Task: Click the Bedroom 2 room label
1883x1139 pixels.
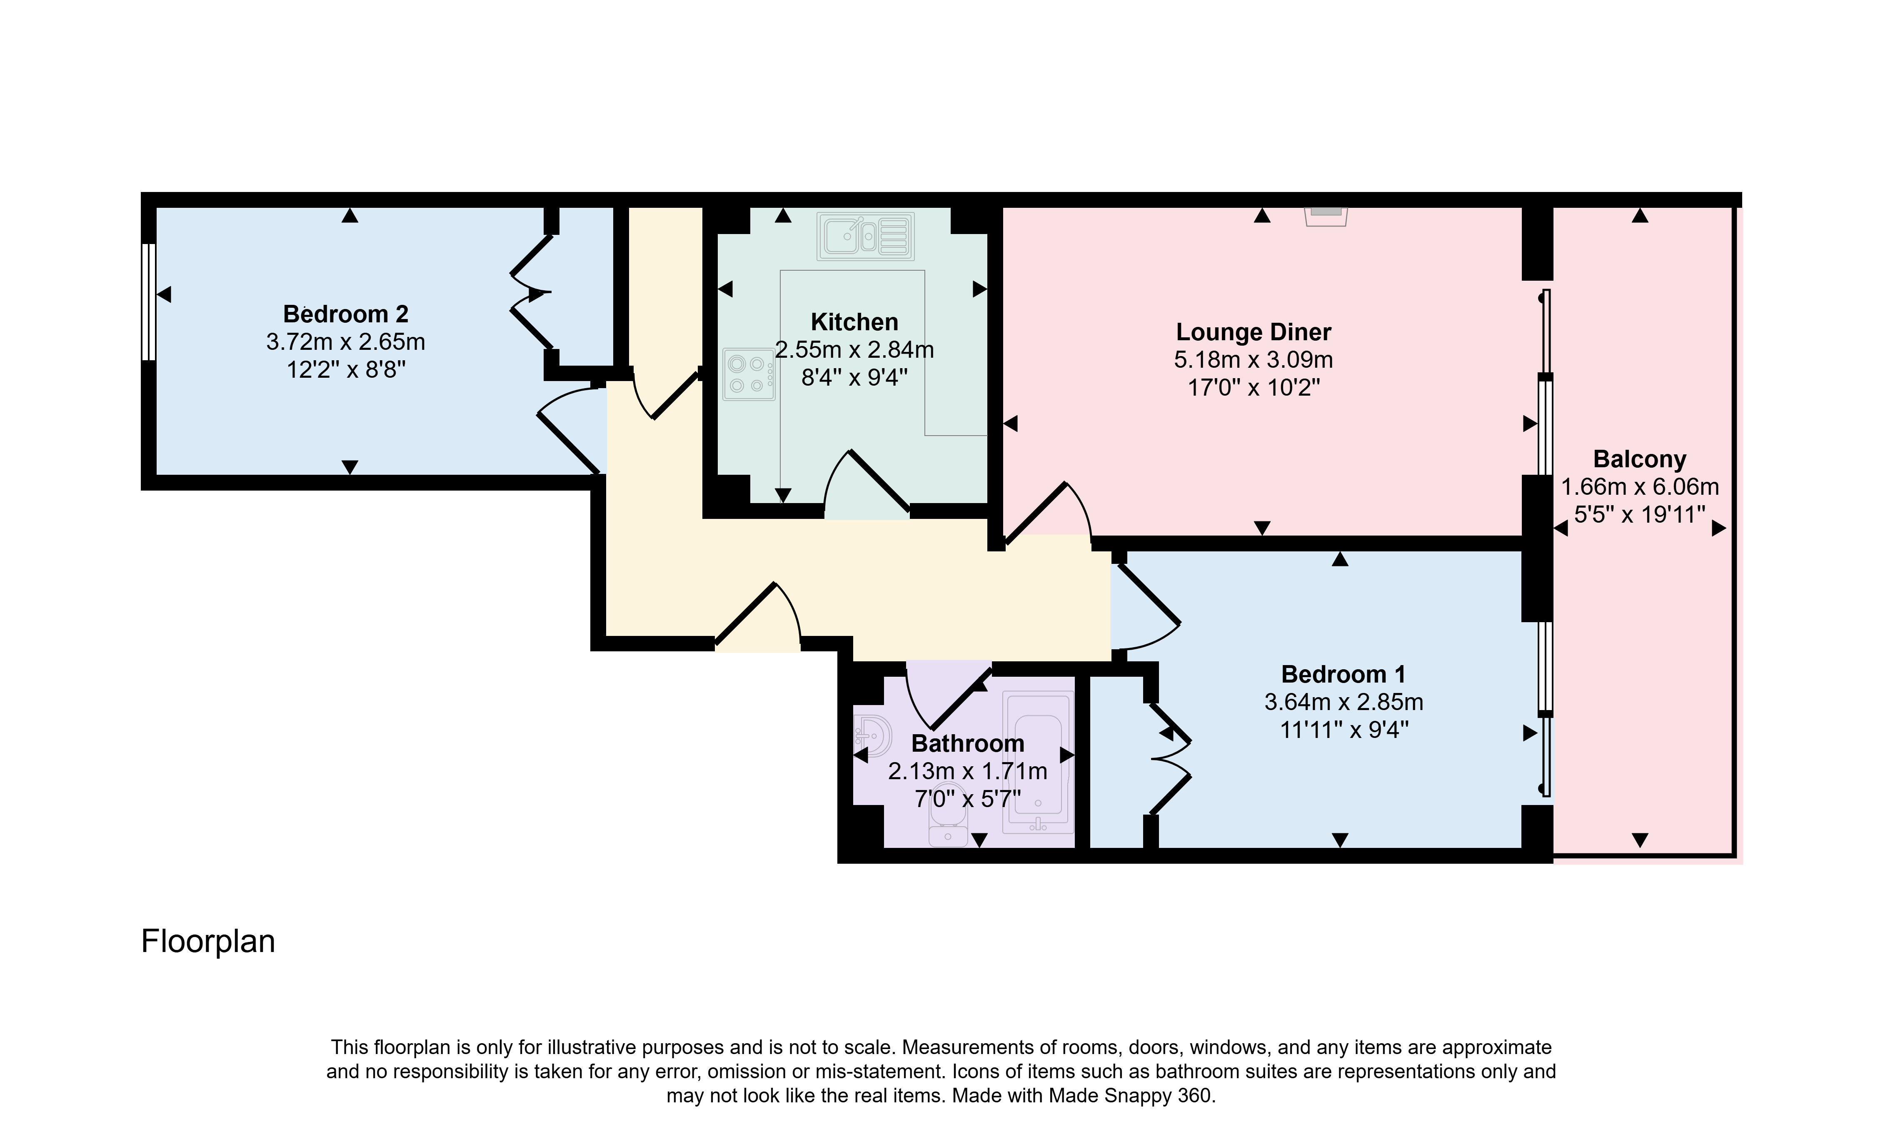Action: [345, 314]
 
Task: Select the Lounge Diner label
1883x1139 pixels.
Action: [1253, 332]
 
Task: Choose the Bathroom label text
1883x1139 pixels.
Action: [967, 743]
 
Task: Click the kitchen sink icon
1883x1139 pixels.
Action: [866, 235]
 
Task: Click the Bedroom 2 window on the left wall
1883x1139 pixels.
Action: [149, 302]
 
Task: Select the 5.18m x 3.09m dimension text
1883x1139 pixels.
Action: [1253, 360]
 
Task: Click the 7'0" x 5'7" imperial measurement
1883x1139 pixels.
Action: [967, 799]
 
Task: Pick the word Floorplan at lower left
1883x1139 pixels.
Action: [208, 942]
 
